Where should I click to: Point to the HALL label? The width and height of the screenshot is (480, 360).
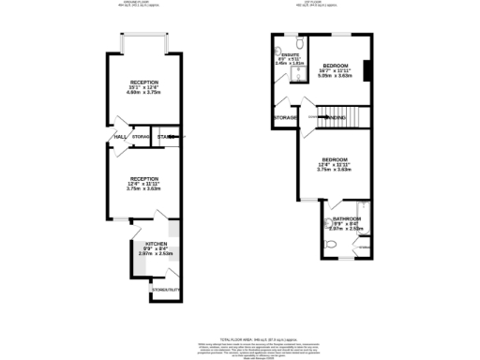121,137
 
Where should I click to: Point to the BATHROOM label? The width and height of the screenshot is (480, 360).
349,217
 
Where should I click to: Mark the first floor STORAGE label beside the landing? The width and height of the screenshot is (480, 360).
286,117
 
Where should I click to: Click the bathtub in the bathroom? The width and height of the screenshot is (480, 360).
367,223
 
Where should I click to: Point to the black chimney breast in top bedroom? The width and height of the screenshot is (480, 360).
368,71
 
